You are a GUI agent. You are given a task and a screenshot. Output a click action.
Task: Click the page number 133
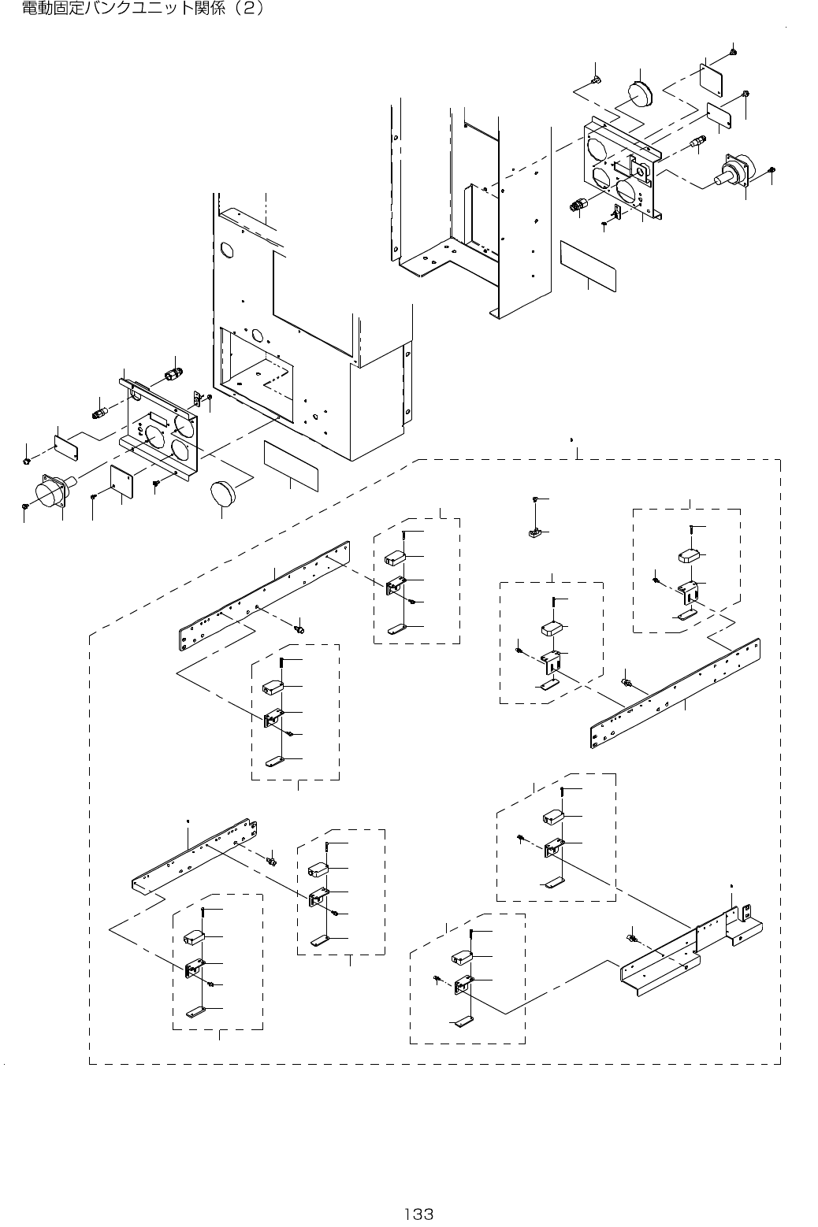point(419,1214)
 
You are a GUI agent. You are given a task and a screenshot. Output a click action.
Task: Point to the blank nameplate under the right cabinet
point(588,265)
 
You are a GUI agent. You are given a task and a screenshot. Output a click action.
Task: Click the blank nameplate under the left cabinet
point(291,465)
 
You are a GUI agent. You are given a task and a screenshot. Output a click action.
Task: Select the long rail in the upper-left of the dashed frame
point(264,595)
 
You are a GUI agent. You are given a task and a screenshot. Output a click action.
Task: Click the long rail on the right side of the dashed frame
point(675,693)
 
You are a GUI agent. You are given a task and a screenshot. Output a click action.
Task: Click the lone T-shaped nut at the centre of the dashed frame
point(535,532)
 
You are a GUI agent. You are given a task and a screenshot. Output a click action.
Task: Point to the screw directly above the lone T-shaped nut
point(535,499)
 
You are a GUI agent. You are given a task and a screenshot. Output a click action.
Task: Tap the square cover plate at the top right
point(711,80)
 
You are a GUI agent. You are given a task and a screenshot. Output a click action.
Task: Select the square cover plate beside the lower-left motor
point(121,482)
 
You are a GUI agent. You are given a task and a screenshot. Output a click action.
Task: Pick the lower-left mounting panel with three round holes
point(159,430)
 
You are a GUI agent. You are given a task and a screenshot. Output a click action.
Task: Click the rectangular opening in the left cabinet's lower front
point(256,375)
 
